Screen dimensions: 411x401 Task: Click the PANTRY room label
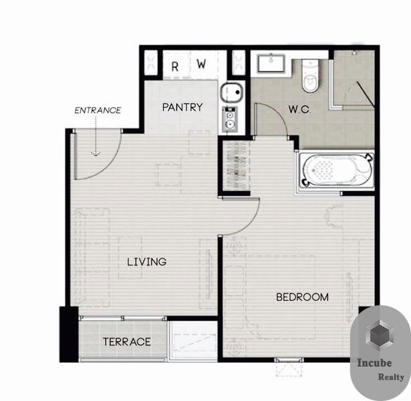point(182,107)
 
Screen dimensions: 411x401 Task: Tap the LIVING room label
point(147,262)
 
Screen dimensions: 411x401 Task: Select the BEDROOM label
point(303,297)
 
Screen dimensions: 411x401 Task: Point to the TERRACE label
point(127,342)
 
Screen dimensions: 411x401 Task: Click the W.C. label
point(299,109)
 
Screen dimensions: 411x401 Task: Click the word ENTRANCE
point(98,110)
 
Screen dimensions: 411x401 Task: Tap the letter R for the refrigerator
point(175,67)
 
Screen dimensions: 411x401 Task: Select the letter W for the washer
point(201,63)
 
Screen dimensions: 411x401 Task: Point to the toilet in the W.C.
point(310,76)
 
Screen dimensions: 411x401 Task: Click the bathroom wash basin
point(271,63)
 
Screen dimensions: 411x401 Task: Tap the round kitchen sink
point(231,92)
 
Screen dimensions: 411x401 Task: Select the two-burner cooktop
point(230,119)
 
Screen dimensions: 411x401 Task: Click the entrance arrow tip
point(96,156)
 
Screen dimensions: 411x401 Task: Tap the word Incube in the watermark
point(374,363)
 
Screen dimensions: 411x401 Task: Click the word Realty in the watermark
point(391,377)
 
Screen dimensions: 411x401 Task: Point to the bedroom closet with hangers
point(236,166)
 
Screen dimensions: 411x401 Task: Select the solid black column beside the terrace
point(69,334)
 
